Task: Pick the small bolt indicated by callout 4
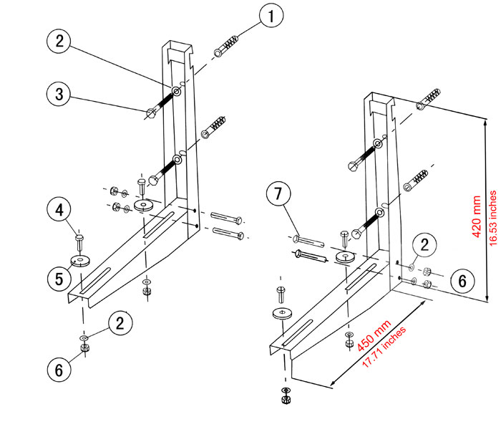point(79,235)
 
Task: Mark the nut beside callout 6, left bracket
point(84,348)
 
